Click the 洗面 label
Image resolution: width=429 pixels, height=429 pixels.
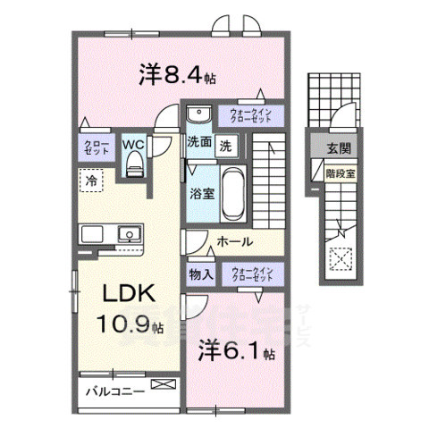(x=198, y=143)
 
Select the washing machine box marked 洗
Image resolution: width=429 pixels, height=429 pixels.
(x=227, y=145)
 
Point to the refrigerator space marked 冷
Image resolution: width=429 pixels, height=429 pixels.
(x=91, y=181)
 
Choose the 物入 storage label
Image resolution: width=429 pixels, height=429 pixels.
(x=200, y=275)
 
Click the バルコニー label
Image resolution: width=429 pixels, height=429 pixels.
(x=115, y=391)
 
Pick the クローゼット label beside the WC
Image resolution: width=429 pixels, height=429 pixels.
(x=97, y=147)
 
